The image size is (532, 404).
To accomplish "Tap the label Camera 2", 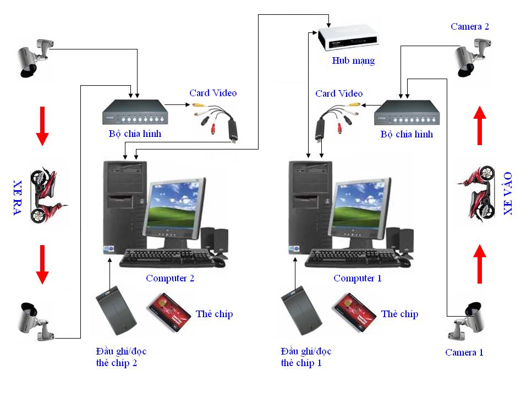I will tap(469, 26).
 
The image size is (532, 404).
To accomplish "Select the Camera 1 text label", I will tap(464, 352).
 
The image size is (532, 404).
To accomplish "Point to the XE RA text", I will tap(18, 196).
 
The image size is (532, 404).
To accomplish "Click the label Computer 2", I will tap(170, 278).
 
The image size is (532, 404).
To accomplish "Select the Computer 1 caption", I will tap(357, 278).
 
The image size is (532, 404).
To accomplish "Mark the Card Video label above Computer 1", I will tap(339, 93).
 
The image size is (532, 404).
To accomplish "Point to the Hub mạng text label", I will tap(353, 60).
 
